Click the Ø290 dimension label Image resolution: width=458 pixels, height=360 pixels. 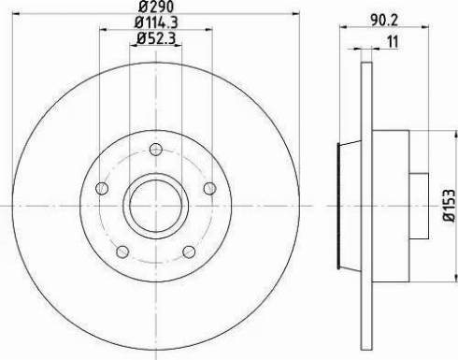[x=156, y=7]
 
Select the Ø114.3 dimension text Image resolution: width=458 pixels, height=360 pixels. [x=156, y=22]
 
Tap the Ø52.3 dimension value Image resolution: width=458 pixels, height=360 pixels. [x=156, y=38]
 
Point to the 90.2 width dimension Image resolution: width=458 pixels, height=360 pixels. [x=384, y=21]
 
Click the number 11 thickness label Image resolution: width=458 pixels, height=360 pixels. [x=393, y=42]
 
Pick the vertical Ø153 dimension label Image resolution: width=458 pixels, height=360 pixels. [x=450, y=205]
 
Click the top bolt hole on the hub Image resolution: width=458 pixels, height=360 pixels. [x=156, y=150]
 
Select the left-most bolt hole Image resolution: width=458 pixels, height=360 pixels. [x=102, y=188]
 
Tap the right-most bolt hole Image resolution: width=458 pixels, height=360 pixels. [x=210, y=188]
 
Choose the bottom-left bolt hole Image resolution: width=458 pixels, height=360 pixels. [x=122, y=252]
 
